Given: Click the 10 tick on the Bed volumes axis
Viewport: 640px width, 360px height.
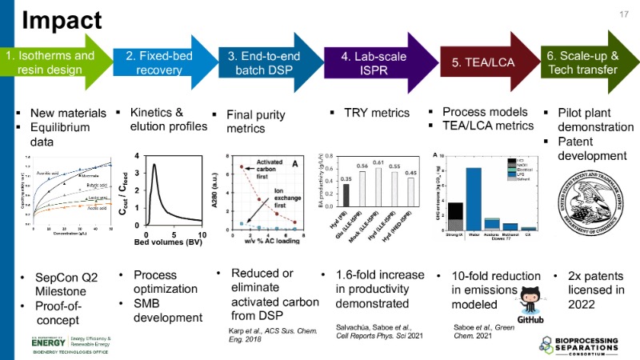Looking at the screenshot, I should point(202,234).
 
